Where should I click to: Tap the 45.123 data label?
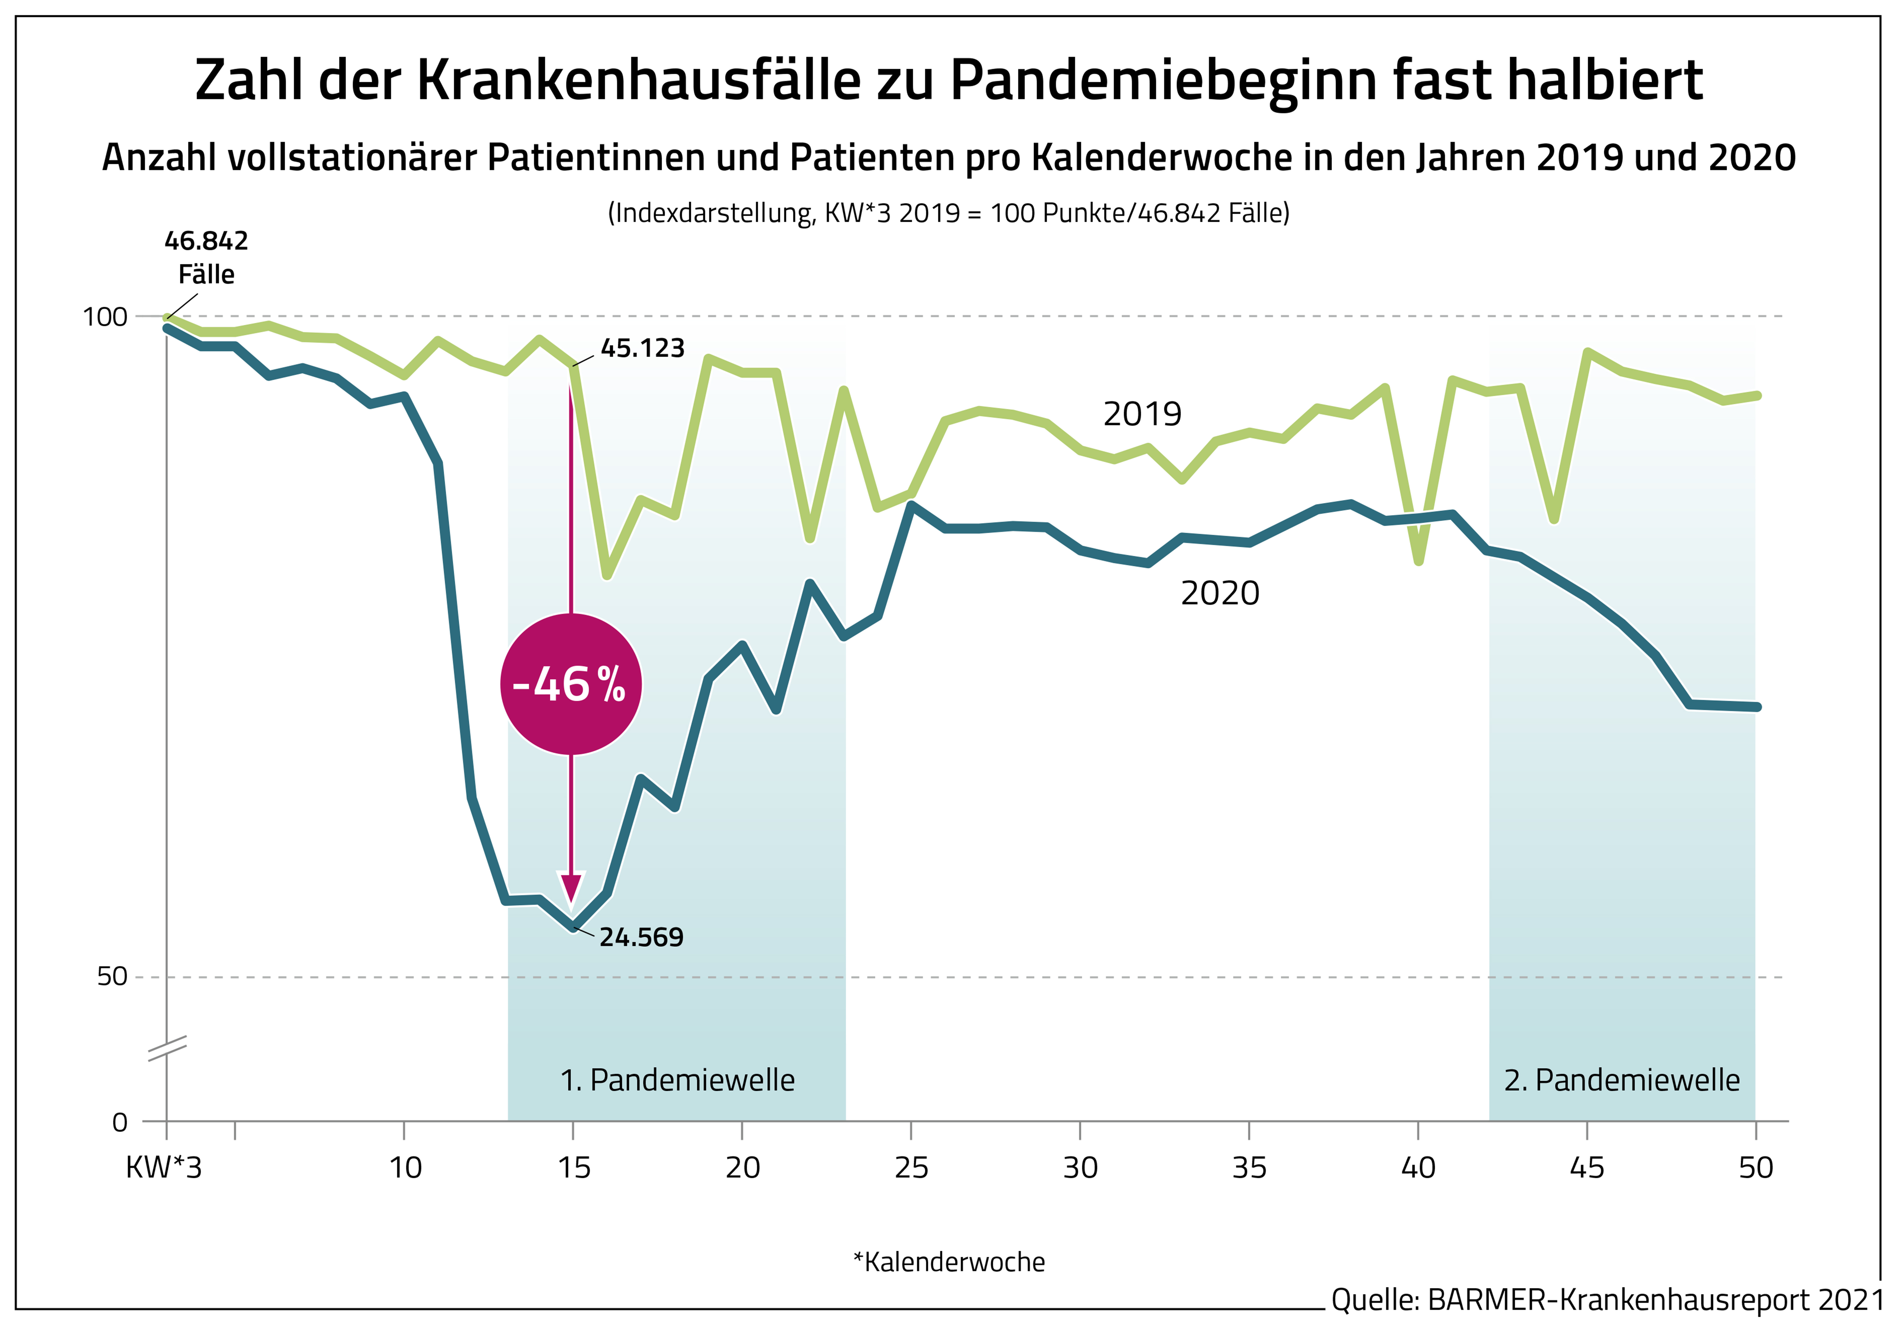coord(642,348)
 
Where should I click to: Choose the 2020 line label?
coord(1219,593)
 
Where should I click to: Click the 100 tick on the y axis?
coord(105,317)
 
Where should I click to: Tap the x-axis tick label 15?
coord(573,1168)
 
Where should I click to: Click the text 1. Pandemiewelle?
coord(677,1080)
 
